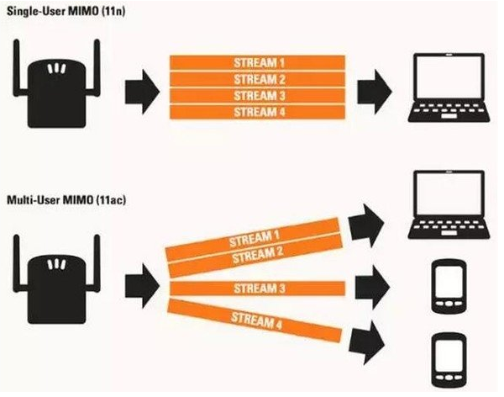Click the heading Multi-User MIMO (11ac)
click(61, 200)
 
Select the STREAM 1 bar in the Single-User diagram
click(257, 63)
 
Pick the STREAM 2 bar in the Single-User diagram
click(257, 80)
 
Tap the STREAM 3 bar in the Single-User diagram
click(257, 96)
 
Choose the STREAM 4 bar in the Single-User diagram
click(257, 112)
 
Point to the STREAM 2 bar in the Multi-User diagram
click(252, 255)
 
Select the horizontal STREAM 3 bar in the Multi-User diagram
click(257, 289)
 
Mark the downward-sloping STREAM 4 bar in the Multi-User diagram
click(252, 322)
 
